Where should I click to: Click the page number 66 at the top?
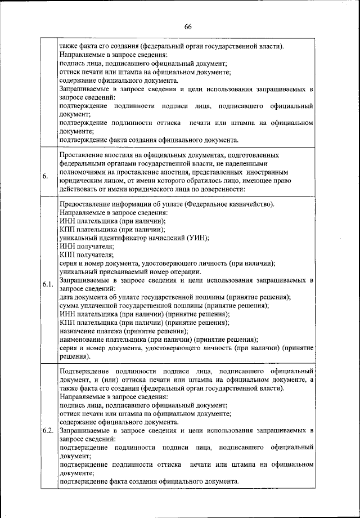coord(188,26)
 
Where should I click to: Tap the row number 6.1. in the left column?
coord(47,284)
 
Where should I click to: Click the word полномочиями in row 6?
coord(85,171)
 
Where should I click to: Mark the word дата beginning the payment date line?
coord(67,297)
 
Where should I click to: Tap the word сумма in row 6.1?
coord(70,305)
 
